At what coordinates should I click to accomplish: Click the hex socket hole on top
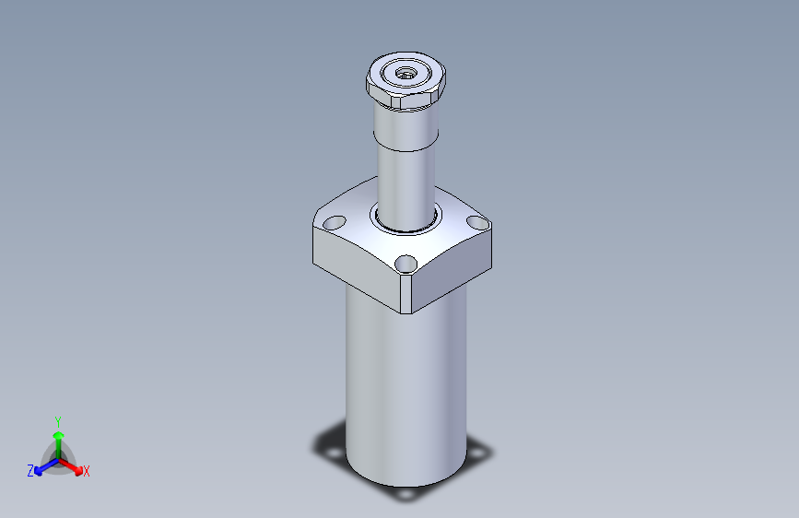tap(405, 74)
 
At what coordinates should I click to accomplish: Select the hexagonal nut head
tap(405, 80)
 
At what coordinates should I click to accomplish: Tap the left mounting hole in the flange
tap(335, 223)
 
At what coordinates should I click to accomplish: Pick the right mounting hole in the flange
tap(478, 223)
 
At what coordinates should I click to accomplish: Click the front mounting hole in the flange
tap(405, 265)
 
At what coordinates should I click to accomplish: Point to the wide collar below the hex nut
tap(405, 126)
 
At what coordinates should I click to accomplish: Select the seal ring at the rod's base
tap(405, 219)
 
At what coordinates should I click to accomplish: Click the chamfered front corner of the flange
tap(406, 294)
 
